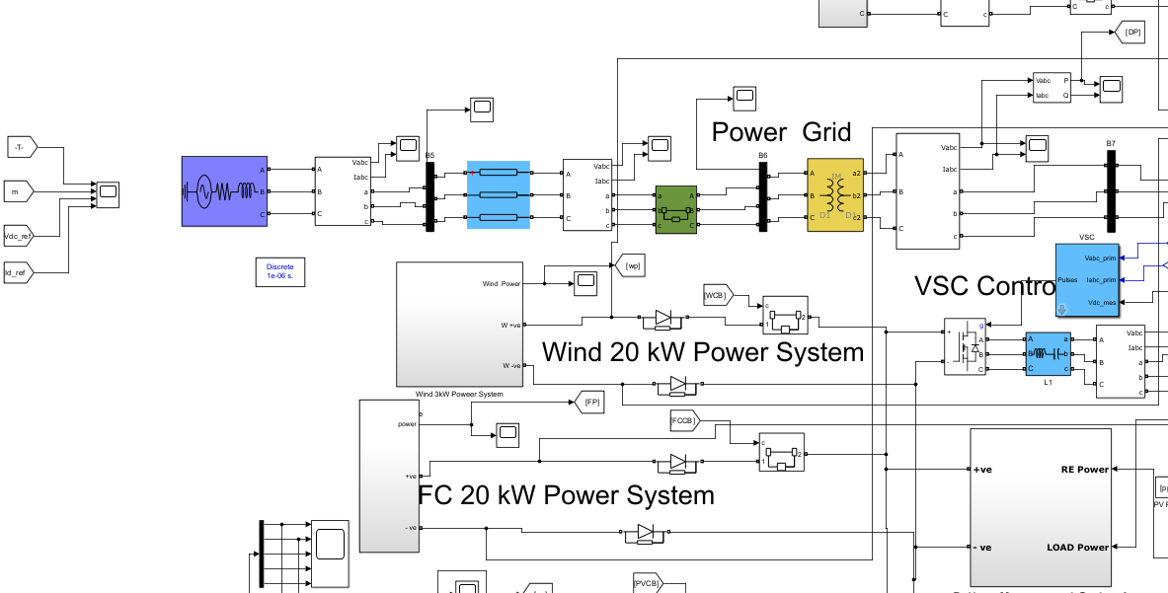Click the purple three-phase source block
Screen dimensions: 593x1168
[x=224, y=191]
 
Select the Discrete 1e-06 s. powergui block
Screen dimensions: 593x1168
[x=279, y=272]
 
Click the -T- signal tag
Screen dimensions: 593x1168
[x=21, y=147]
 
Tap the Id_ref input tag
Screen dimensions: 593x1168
[x=19, y=270]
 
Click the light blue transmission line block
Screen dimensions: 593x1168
[x=499, y=195]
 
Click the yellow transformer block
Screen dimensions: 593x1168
[x=834, y=194]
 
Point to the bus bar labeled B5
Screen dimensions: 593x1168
[x=429, y=197]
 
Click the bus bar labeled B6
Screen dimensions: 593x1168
[x=763, y=197]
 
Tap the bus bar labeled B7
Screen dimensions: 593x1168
[x=1111, y=193]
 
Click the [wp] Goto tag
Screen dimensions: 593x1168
[x=629, y=264]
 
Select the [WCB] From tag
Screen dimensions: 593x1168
[x=716, y=295]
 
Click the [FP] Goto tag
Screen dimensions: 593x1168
[x=589, y=402]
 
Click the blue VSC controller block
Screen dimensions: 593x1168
[x=1087, y=280]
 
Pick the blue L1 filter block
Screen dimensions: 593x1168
[x=1049, y=352]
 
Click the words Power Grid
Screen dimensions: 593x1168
[x=781, y=133]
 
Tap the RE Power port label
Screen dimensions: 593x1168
[x=1078, y=469]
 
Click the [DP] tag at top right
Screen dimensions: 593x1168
[x=1131, y=33]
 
